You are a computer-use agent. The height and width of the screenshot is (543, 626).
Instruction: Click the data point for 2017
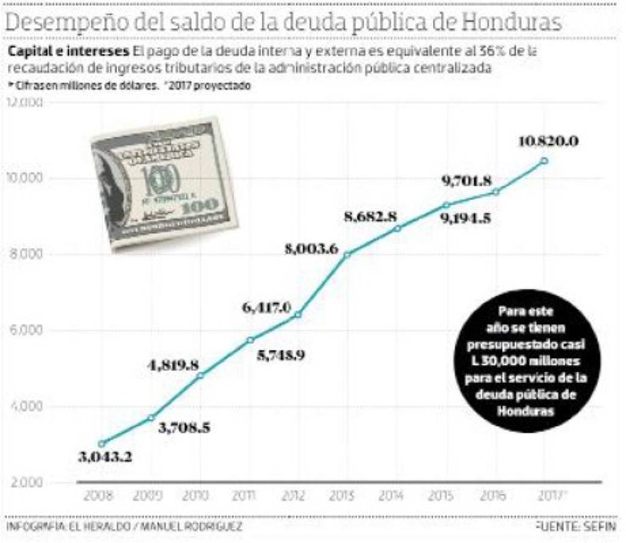point(545,160)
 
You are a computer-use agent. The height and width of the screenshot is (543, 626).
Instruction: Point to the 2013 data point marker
point(347,255)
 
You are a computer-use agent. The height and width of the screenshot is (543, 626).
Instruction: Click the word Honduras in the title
point(512,22)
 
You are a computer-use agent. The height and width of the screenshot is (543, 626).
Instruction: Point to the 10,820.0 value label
point(549,142)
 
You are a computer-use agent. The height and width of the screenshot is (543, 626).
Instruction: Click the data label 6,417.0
point(266,308)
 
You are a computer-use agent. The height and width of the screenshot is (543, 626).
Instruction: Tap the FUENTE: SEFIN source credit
point(576,527)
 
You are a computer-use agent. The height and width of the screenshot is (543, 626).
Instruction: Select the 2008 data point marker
point(101,443)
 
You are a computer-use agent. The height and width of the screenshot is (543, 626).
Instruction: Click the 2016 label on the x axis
point(495,495)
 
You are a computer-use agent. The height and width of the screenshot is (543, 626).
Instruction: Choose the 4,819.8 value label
point(174,365)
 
